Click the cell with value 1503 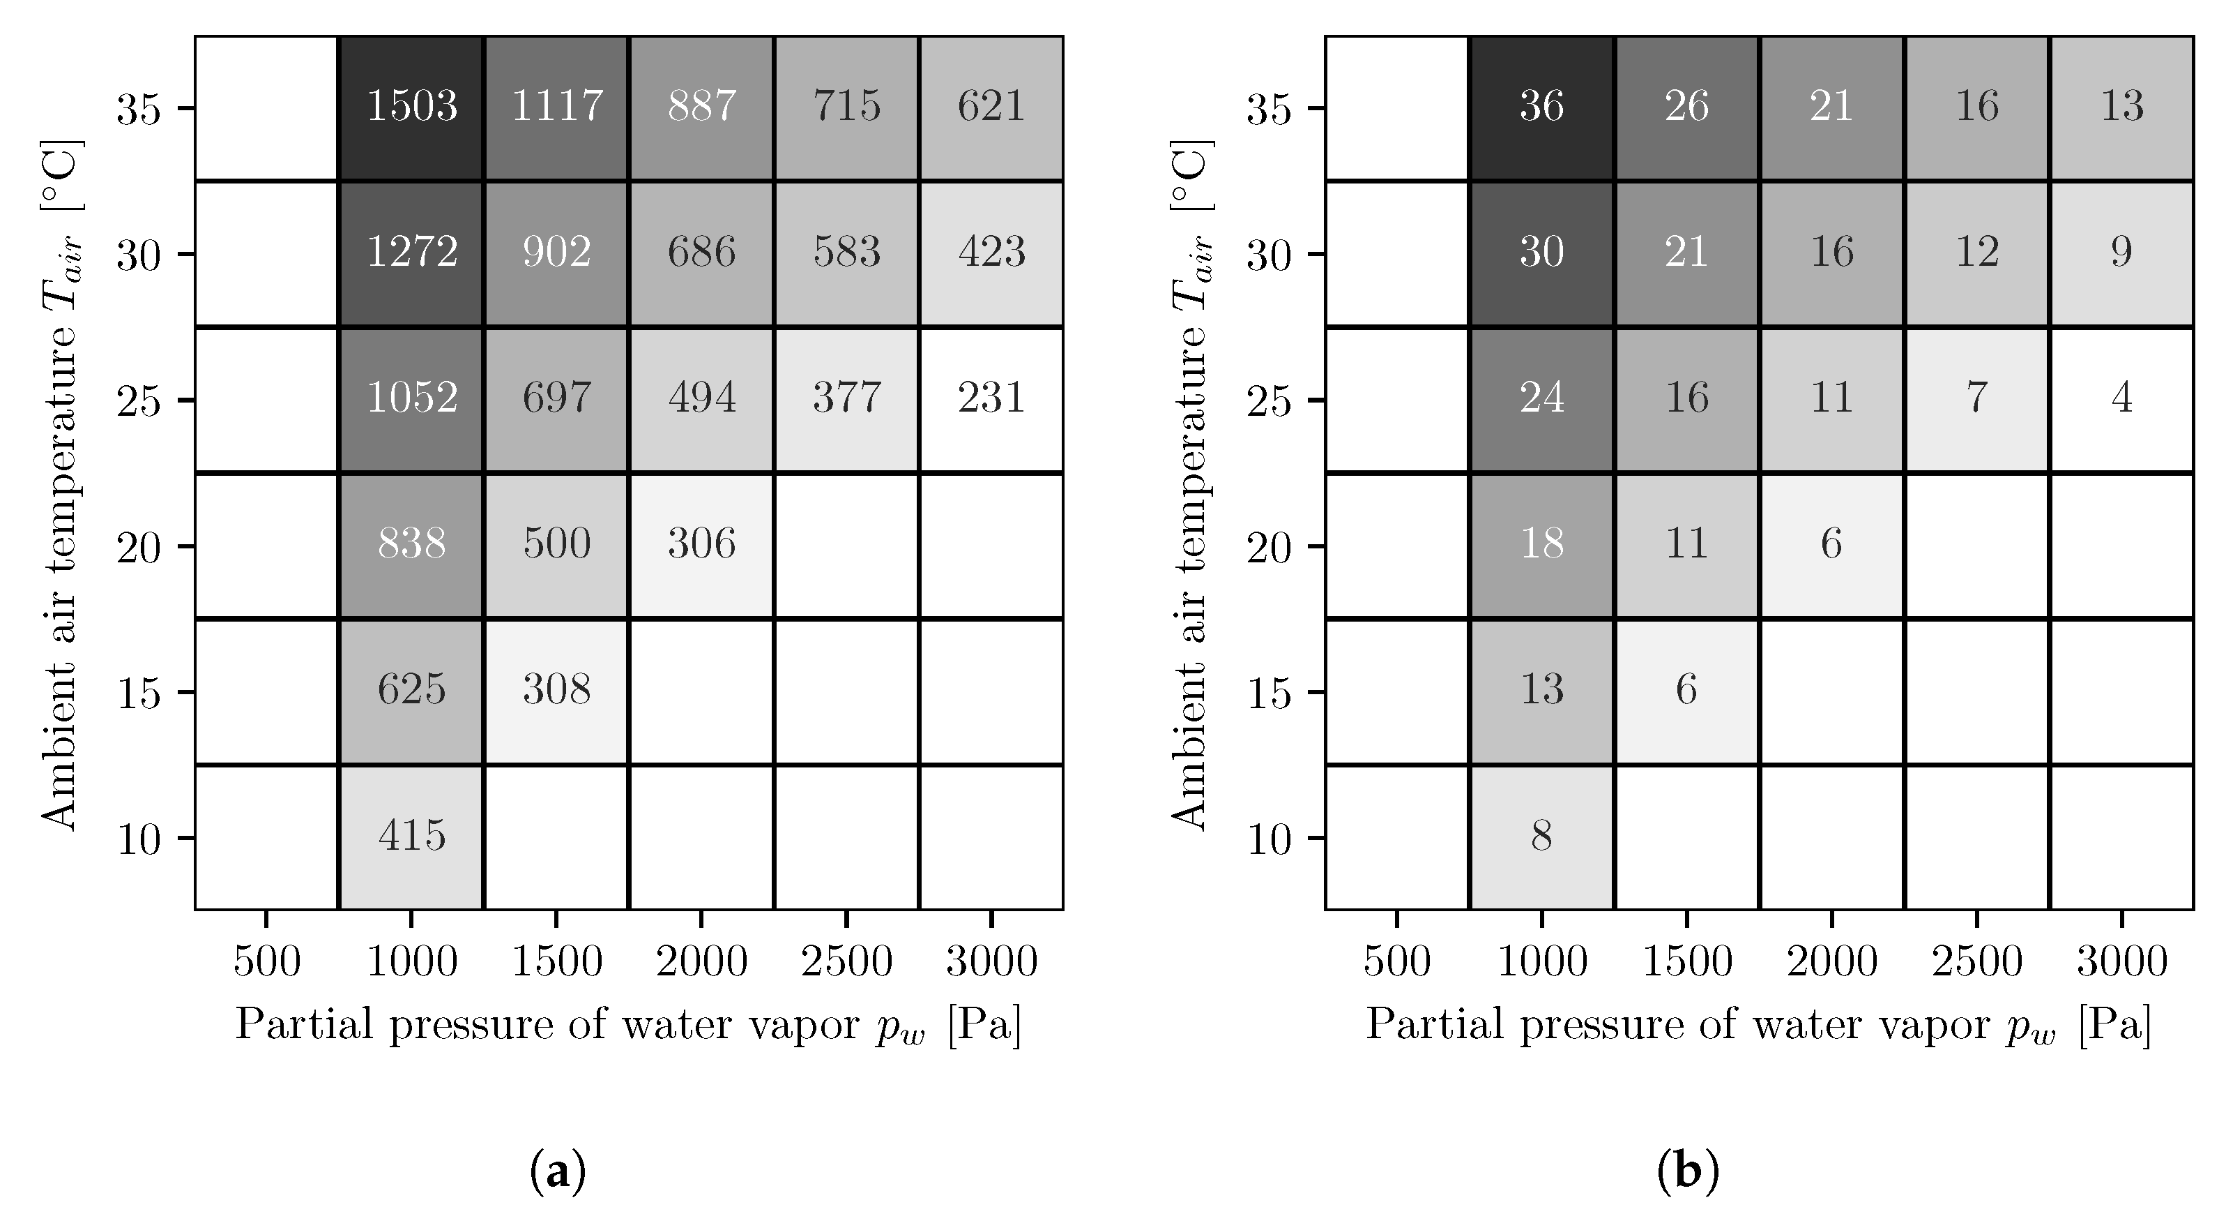(x=411, y=107)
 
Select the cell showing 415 (x=411, y=836)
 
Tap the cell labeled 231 (x=991, y=398)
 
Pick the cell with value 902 (x=556, y=253)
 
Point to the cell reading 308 (x=556, y=690)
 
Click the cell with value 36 (x=1541, y=107)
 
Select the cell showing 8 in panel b (x=1541, y=836)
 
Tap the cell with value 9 (x=2121, y=253)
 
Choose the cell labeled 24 (x=1541, y=398)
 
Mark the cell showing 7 (x=1976, y=398)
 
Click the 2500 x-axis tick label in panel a (x=846, y=961)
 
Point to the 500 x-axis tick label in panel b (x=1396, y=961)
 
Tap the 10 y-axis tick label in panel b (x=1269, y=839)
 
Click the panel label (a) (x=557, y=1172)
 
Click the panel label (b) (x=1688, y=1172)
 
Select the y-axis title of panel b (x=1191, y=484)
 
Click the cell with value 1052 (x=411, y=398)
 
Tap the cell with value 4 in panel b (x=2121, y=398)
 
